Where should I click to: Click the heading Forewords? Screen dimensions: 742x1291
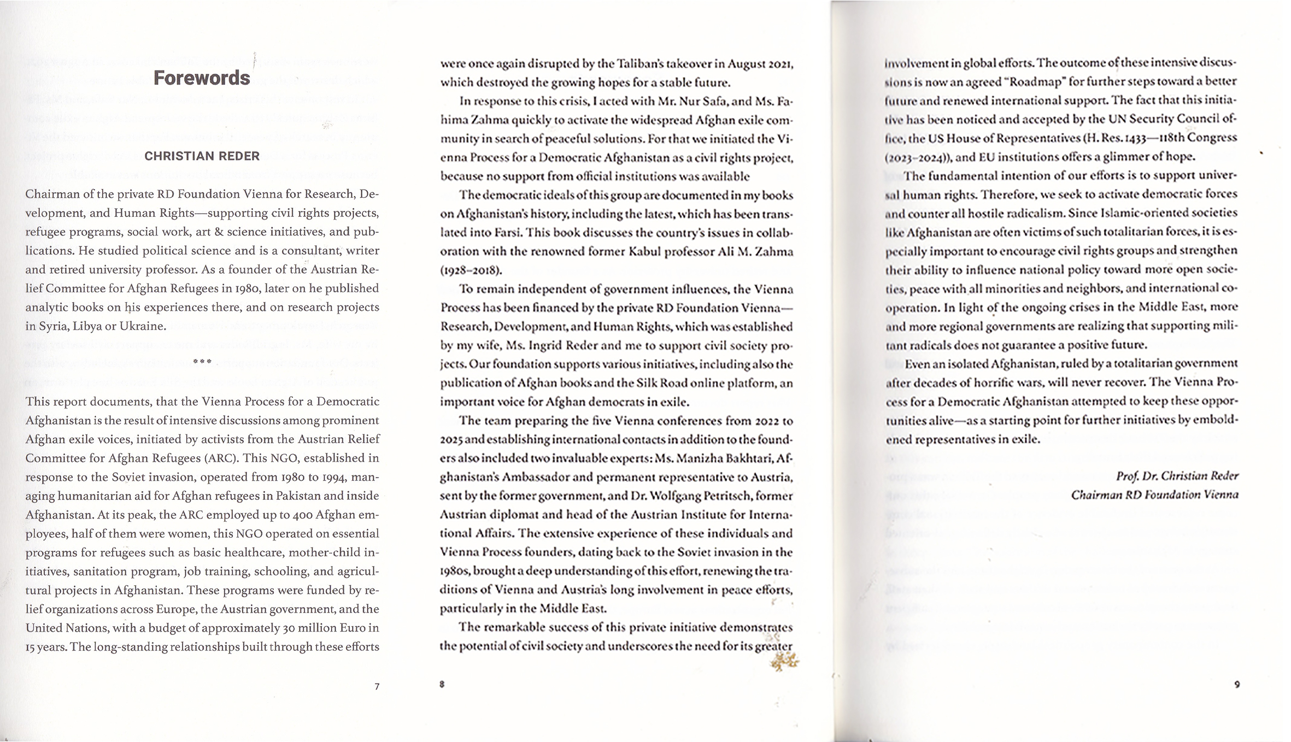click(202, 78)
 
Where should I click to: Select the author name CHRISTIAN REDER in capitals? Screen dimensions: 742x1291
click(202, 156)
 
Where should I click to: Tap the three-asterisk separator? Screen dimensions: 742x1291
click(202, 362)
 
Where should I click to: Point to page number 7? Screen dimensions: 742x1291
click(377, 686)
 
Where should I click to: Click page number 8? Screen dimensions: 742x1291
click(442, 684)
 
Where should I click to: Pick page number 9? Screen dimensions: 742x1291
click(1237, 684)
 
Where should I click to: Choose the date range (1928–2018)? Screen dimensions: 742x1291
click(471, 270)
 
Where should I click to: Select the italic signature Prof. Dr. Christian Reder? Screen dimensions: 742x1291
click(1177, 476)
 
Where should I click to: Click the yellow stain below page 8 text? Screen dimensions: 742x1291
click(785, 663)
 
